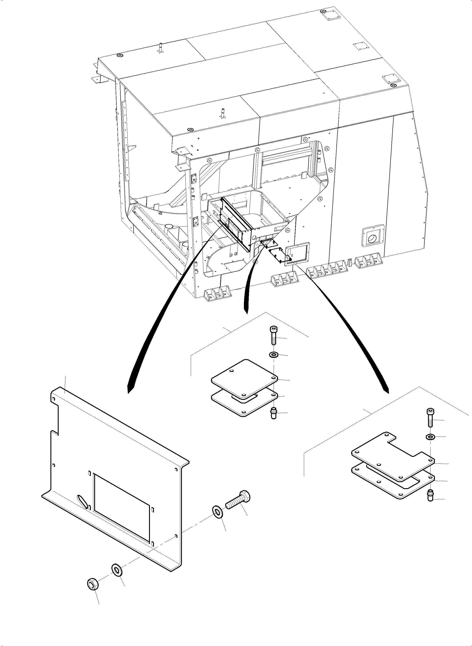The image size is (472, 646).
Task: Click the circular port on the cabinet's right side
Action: [x=372, y=238]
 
